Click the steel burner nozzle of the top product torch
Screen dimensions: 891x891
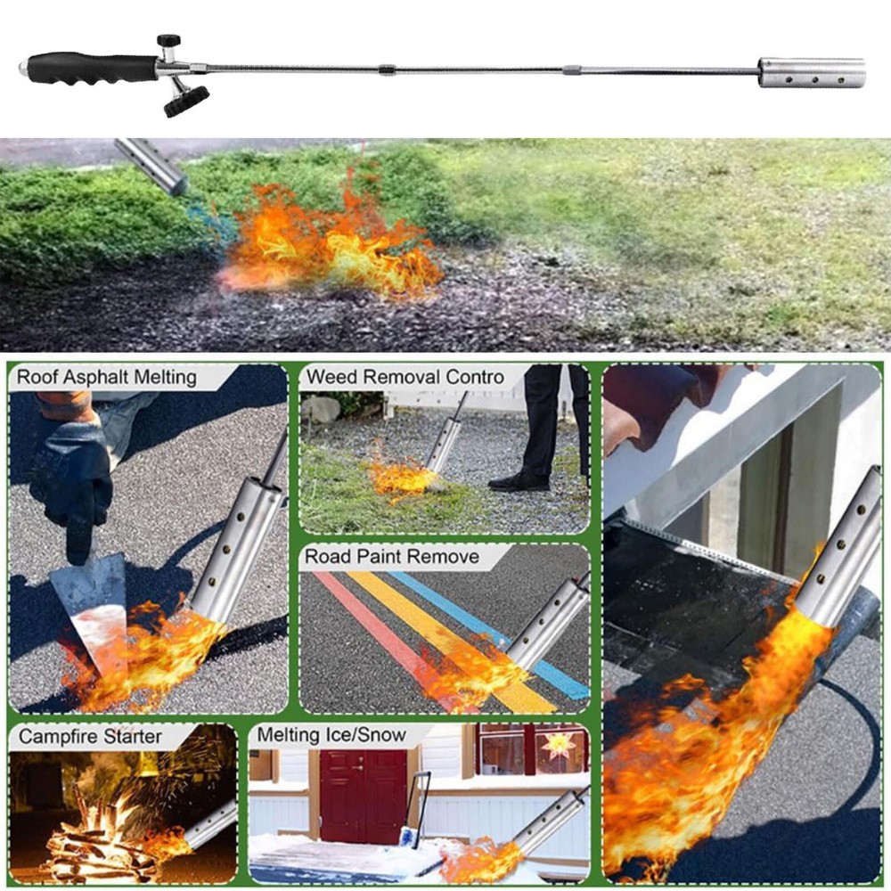[811, 72]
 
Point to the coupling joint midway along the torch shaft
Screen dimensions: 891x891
[385, 69]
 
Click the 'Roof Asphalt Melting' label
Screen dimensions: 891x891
[107, 377]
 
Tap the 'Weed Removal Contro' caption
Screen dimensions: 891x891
[405, 377]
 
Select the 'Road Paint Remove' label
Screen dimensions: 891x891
[392, 558]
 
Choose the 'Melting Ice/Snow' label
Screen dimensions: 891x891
[331, 735]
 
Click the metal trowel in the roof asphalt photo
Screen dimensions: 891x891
[89, 606]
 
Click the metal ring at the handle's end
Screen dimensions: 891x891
[23, 67]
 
